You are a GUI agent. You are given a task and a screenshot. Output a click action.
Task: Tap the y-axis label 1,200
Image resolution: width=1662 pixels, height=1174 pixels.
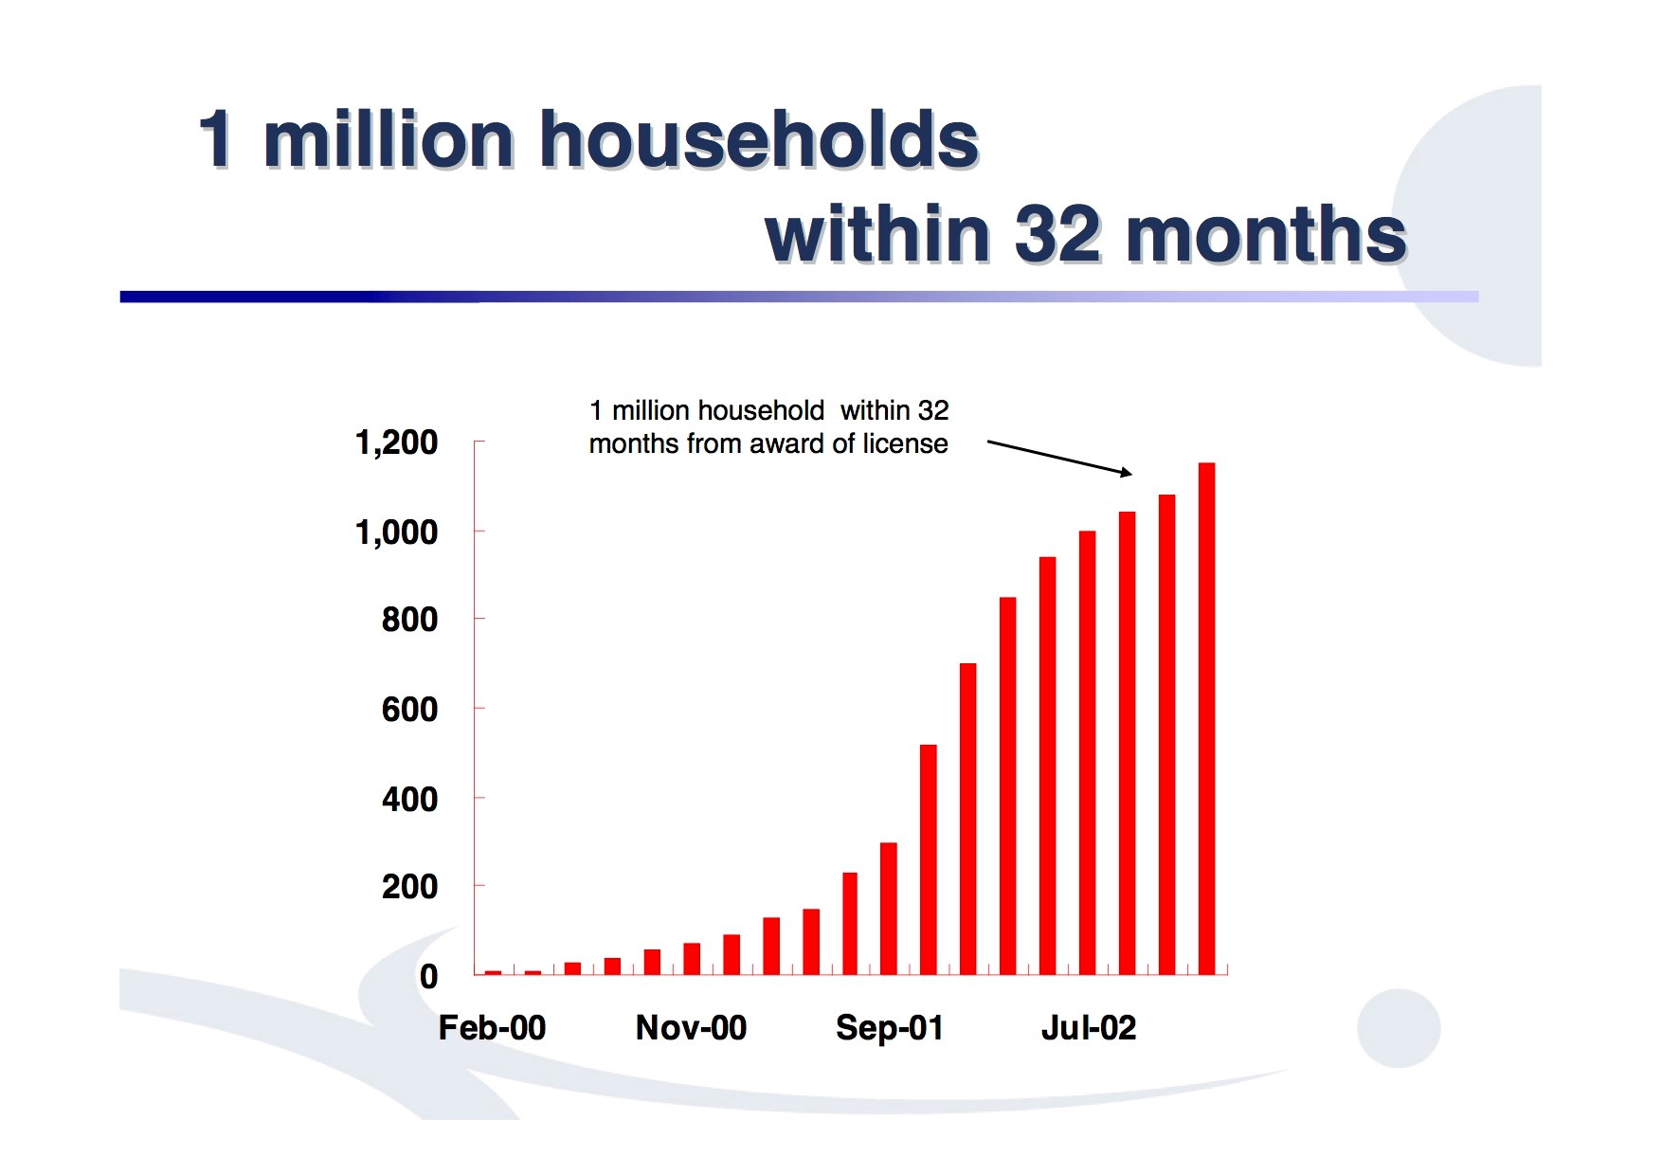click(396, 443)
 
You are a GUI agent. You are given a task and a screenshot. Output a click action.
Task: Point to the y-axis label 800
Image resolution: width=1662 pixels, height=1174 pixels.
click(409, 620)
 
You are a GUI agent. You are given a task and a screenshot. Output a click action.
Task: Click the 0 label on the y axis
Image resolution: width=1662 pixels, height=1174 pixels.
click(428, 976)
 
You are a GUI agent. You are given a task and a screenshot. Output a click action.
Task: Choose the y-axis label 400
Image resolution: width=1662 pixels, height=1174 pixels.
click(409, 799)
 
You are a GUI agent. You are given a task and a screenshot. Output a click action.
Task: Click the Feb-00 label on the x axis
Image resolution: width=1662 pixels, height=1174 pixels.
click(492, 1027)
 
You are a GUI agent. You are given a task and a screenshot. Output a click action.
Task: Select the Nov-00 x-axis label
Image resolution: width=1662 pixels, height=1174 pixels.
click(691, 1027)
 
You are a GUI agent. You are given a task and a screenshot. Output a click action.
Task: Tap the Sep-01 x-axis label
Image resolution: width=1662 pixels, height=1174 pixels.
click(889, 1027)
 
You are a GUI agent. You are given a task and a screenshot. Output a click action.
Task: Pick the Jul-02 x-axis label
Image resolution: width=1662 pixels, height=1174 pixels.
click(1088, 1027)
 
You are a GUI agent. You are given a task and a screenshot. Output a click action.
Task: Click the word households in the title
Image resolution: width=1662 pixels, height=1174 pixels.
click(758, 139)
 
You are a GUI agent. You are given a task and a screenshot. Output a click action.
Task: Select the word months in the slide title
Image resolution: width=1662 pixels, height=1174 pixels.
click(1266, 234)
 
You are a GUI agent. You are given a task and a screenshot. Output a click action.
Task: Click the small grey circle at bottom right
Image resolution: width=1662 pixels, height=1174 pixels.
click(1398, 1028)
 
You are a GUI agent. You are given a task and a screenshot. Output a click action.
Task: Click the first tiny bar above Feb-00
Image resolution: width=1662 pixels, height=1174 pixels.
click(493, 972)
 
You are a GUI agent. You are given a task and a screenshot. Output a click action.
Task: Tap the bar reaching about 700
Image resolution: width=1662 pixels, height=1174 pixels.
click(967, 819)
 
